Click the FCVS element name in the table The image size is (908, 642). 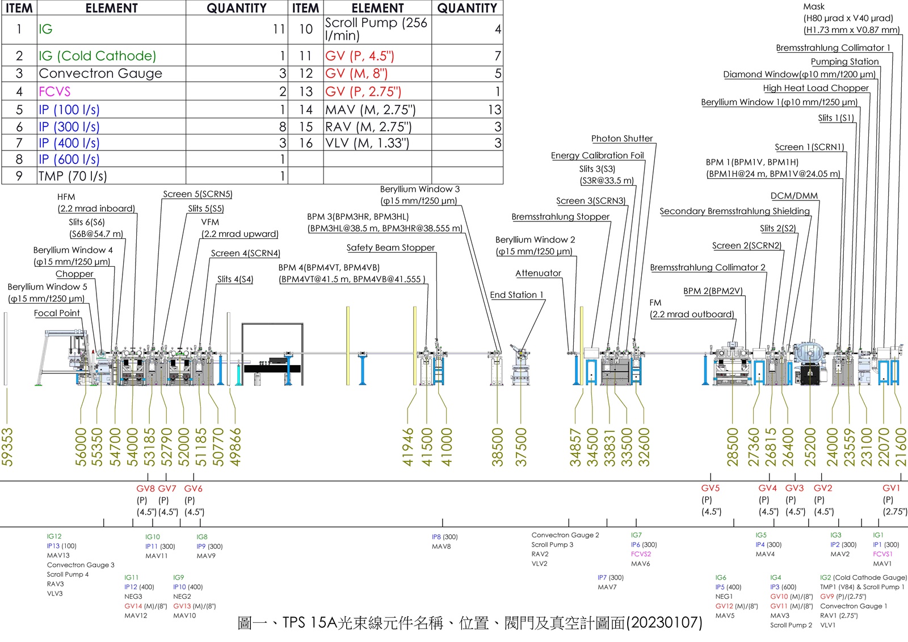point(54,91)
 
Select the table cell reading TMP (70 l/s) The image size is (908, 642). point(73,176)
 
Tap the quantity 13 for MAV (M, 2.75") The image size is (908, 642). point(494,110)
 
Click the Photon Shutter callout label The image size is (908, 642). point(622,139)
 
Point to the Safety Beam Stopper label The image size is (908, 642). point(390,247)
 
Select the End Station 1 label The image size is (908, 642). point(516,295)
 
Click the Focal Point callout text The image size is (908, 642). point(57,313)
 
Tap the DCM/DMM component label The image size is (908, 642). point(794,196)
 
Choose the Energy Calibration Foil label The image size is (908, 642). point(597,156)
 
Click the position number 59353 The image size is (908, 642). point(7,447)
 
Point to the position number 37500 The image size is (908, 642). point(521,447)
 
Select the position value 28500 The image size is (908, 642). point(733,447)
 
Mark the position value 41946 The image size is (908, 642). point(408,447)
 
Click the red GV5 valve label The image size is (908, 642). point(710,488)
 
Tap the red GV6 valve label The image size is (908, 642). point(193,489)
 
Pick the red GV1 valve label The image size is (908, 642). point(891,488)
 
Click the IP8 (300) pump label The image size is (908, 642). point(444,537)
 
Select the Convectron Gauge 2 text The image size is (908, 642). point(565,535)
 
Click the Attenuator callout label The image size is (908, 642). point(538,273)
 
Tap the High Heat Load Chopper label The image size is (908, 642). point(815,88)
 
